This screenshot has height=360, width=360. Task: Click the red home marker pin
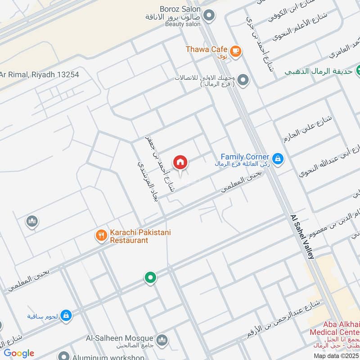tap(180, 162)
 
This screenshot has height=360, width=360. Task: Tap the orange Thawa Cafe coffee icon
tap(235, 52)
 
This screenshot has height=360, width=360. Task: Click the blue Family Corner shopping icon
tap(278, 158)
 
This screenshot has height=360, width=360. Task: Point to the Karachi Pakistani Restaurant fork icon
tap(101, 235)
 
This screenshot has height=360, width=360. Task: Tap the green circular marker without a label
tap(150, 278)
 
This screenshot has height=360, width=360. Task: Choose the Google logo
tap(19, 353)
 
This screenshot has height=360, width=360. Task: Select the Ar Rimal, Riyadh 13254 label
tap(40, 75)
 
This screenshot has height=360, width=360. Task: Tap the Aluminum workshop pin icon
tap(64, 356)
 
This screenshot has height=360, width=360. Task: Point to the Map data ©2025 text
tap(336, 355)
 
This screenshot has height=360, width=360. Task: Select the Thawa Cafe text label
tap(207, 49)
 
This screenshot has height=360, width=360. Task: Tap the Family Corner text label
tap(245, 157)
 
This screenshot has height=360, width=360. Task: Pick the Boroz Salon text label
tap(179, 9)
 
